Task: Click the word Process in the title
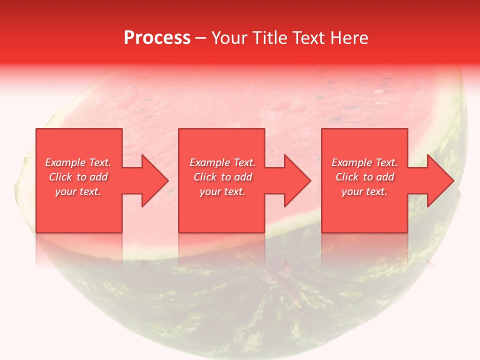157,38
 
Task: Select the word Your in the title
231,38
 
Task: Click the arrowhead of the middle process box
297,180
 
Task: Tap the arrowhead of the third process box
440,180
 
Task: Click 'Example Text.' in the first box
78,162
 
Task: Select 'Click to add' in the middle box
222,177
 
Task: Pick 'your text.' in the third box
364,191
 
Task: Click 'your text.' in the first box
78,191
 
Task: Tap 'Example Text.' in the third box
364,162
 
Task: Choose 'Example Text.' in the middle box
222,162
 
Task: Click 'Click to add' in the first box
78,177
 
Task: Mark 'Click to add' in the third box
364,177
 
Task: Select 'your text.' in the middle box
222,191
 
